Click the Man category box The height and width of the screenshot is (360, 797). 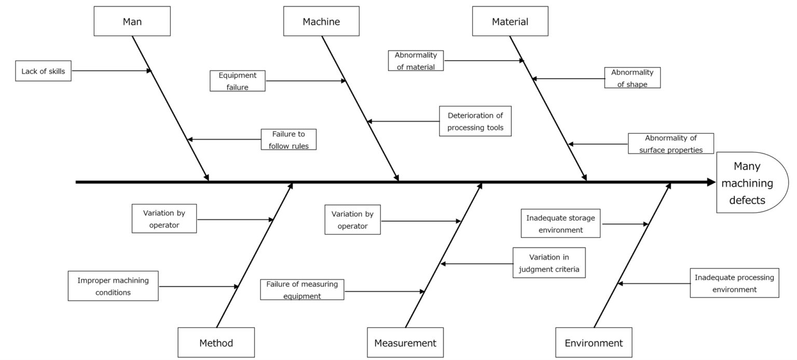(132, 21)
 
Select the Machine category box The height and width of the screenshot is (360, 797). (321, 21)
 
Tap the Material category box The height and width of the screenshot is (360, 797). (510, 21)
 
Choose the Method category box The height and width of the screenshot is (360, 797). (216, 343)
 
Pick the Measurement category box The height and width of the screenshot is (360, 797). (405, 343)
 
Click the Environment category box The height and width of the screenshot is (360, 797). (594, 343)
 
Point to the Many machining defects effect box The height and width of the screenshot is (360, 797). (751, 183)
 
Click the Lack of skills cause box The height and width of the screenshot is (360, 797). (43, 71)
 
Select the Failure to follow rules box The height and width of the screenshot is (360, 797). (288, 140)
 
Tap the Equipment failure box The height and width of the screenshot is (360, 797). (238, 81)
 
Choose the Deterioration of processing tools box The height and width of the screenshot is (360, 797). (475, 121)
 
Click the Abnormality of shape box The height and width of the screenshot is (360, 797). (633, 78)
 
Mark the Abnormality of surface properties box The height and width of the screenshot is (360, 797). (671, 144)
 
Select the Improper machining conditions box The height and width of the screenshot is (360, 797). (113, 286)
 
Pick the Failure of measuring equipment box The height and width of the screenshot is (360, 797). (302, 289)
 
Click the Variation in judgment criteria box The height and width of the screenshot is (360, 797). (549, 262)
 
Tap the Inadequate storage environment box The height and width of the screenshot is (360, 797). (560, 223)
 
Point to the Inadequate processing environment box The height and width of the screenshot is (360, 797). (734, 283)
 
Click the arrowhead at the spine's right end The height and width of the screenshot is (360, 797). (711, 182)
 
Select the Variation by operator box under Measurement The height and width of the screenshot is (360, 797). (353, 219)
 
